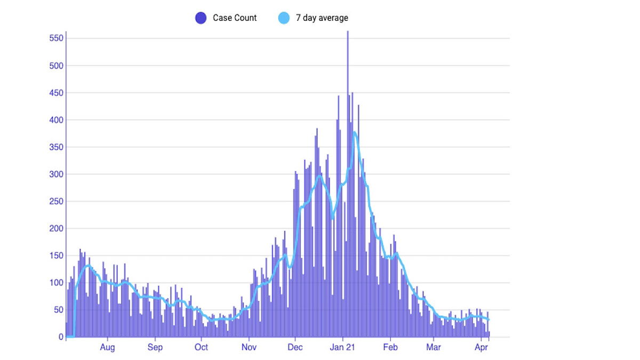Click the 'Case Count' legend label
tap(235, 18)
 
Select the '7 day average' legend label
tap(322, 18)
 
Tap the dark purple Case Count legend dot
tap(201, 18)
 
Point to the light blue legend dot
tap(284, 18)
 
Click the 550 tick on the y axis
tap(56, 38)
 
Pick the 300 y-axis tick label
tap(56, 174)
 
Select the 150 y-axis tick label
tap(56, 256)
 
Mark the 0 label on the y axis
tap(61, 337)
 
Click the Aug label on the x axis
tap(107, 348)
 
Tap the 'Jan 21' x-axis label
tap(342, 348)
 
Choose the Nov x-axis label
tap(249, 348)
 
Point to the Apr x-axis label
tap(481, 348)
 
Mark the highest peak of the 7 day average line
tap(354, 132)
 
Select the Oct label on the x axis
tap(201, 348)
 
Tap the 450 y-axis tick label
tap(56, 93)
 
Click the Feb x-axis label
tap(390, 348)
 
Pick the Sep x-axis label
tap(155, 348)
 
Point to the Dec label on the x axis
tap(295, 348)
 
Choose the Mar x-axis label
tap(433, 348)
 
